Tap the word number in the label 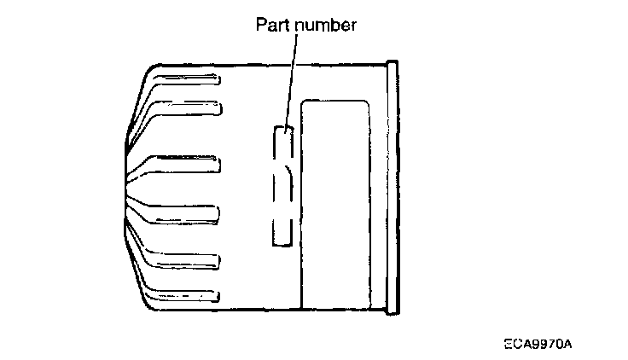(x=325, y=25)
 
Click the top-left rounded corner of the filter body (x=147, y=70)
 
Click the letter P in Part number (x=262, y=25)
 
